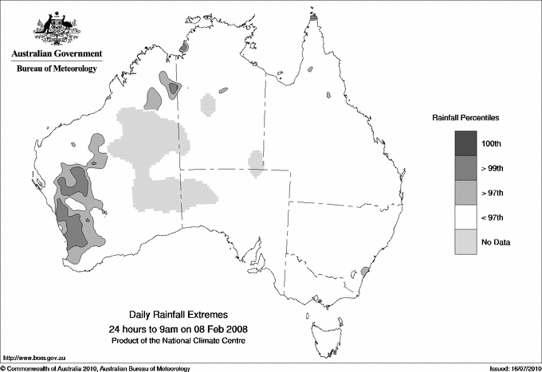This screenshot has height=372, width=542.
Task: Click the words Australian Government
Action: (x=57, y=54)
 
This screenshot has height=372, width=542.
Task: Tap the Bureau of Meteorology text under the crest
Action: (x=57, y=69)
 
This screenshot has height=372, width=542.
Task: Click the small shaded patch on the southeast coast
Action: (x=365, y=271)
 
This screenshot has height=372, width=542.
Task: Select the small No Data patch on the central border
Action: (x=256, y=161)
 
